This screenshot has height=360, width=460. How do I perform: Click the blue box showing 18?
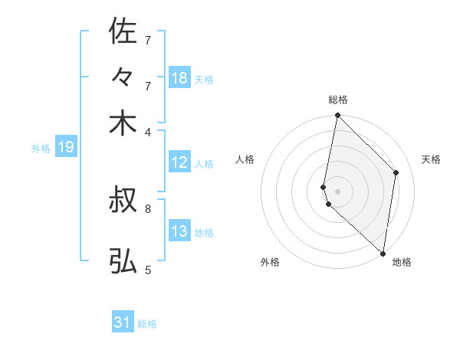point(179,78)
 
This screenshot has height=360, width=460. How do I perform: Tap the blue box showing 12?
point(179,162)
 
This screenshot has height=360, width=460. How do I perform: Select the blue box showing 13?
point(179,231)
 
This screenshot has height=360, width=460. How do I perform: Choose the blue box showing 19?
point(65,147)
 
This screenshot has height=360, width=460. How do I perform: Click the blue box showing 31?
point(123,322)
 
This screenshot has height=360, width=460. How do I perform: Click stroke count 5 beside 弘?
point(147,269)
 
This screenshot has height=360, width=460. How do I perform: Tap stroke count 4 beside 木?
point(147,132)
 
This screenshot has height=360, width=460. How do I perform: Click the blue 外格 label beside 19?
point(41,149)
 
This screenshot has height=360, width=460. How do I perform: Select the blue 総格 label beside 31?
point(147,324)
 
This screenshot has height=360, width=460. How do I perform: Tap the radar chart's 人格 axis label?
point(245,159)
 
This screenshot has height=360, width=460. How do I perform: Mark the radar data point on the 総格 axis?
point(337,116)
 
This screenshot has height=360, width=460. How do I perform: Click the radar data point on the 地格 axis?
point(383,254)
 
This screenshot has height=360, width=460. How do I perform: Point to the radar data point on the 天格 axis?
point(396,172)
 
